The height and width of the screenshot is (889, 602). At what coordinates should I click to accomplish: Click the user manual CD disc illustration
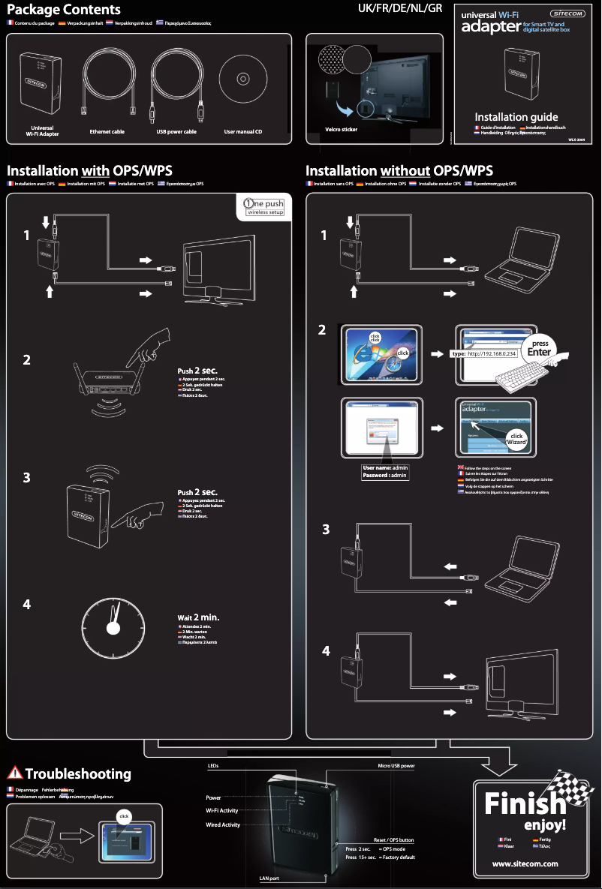point(242,79)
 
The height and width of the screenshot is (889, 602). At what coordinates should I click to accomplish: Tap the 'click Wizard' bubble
point(516,439)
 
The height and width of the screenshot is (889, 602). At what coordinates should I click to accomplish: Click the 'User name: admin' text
point(385,467)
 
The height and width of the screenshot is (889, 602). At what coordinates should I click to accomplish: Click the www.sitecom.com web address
point(525,863)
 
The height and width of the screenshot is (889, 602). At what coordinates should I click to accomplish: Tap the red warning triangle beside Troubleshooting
point(14,773)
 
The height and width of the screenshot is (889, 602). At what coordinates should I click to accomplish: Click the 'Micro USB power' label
point(396,766)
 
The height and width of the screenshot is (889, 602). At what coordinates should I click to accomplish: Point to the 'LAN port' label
point(269,877)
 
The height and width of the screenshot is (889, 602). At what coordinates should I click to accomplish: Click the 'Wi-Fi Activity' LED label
point(221,810)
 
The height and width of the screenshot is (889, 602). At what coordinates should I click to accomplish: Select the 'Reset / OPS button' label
point(393,839)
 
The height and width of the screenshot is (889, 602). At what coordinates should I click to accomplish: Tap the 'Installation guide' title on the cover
point(516,117)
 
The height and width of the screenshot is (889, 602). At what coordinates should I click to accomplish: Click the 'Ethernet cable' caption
point(107,132)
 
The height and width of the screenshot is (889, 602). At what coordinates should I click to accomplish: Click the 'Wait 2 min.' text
point(198,618)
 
